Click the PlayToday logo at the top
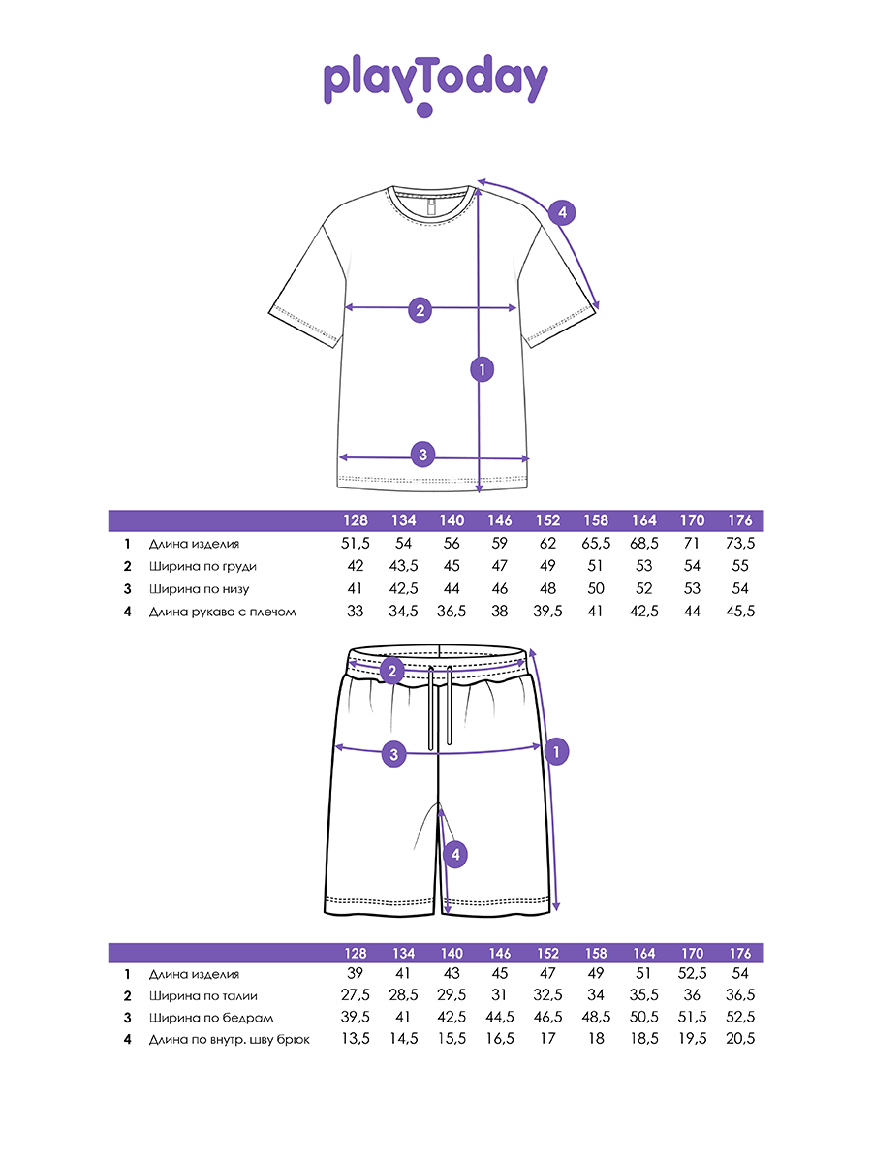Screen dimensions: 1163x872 [x=435, y=82]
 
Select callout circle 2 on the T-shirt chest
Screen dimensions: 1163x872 [x=420, y=310]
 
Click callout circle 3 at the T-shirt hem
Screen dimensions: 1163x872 [x=422, y=453]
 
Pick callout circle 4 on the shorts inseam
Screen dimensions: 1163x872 [x=454, y=854]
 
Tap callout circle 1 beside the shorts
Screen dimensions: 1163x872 [x=555, y=750]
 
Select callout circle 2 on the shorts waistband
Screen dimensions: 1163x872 [x=392, y=670]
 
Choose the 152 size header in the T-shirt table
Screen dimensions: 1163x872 [x=547, y=521]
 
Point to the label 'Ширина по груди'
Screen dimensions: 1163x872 [x=202, y=566]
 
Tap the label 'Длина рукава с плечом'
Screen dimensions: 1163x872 [x=222, y=612]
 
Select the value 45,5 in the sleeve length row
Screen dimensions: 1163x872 [x=739, y=612]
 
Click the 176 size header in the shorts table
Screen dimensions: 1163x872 [x=739, y=953]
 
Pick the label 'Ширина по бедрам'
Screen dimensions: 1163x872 [x=210, y=1018]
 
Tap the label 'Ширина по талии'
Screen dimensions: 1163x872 [x=202, y=995]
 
